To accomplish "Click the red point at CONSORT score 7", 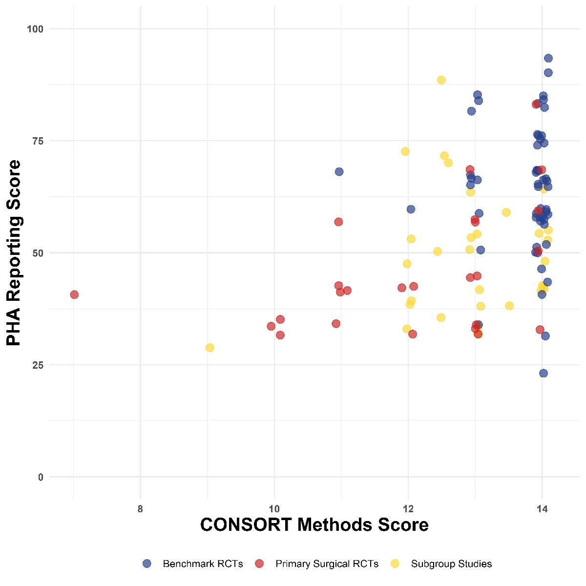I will coord(74,294).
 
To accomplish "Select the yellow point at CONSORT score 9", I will coord(210,348).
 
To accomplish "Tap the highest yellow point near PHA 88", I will coord(441,80).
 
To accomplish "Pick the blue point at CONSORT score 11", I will coord(339,172).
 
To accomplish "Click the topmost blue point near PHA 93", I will coord(548,59).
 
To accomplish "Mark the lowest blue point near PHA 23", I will coord(544,374).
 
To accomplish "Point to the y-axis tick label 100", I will coord(35,29).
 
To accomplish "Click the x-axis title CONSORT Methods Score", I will coord(314,525).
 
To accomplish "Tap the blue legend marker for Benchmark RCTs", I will coord(147,564).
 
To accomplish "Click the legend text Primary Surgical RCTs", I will coord(327,564).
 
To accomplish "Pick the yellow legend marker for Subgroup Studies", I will coord(395,564).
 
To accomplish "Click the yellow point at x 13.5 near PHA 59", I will coord(506,212).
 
